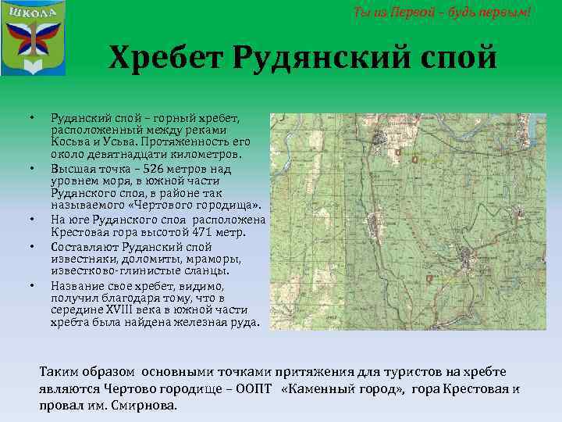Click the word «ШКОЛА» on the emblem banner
tap(33, 14)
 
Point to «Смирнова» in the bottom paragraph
tap(149, 406)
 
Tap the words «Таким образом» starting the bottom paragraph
tap(87, 371)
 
